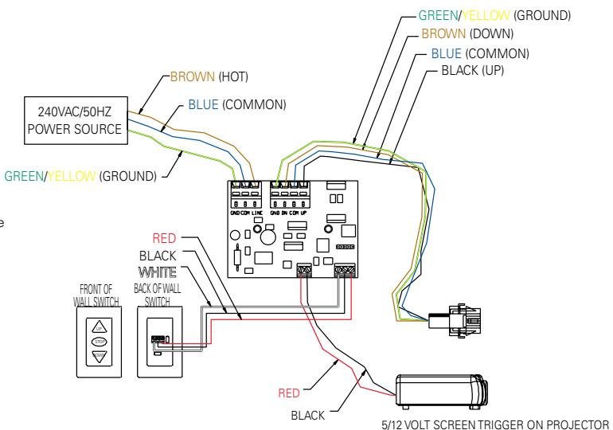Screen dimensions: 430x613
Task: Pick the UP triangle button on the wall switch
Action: click(99, 327)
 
